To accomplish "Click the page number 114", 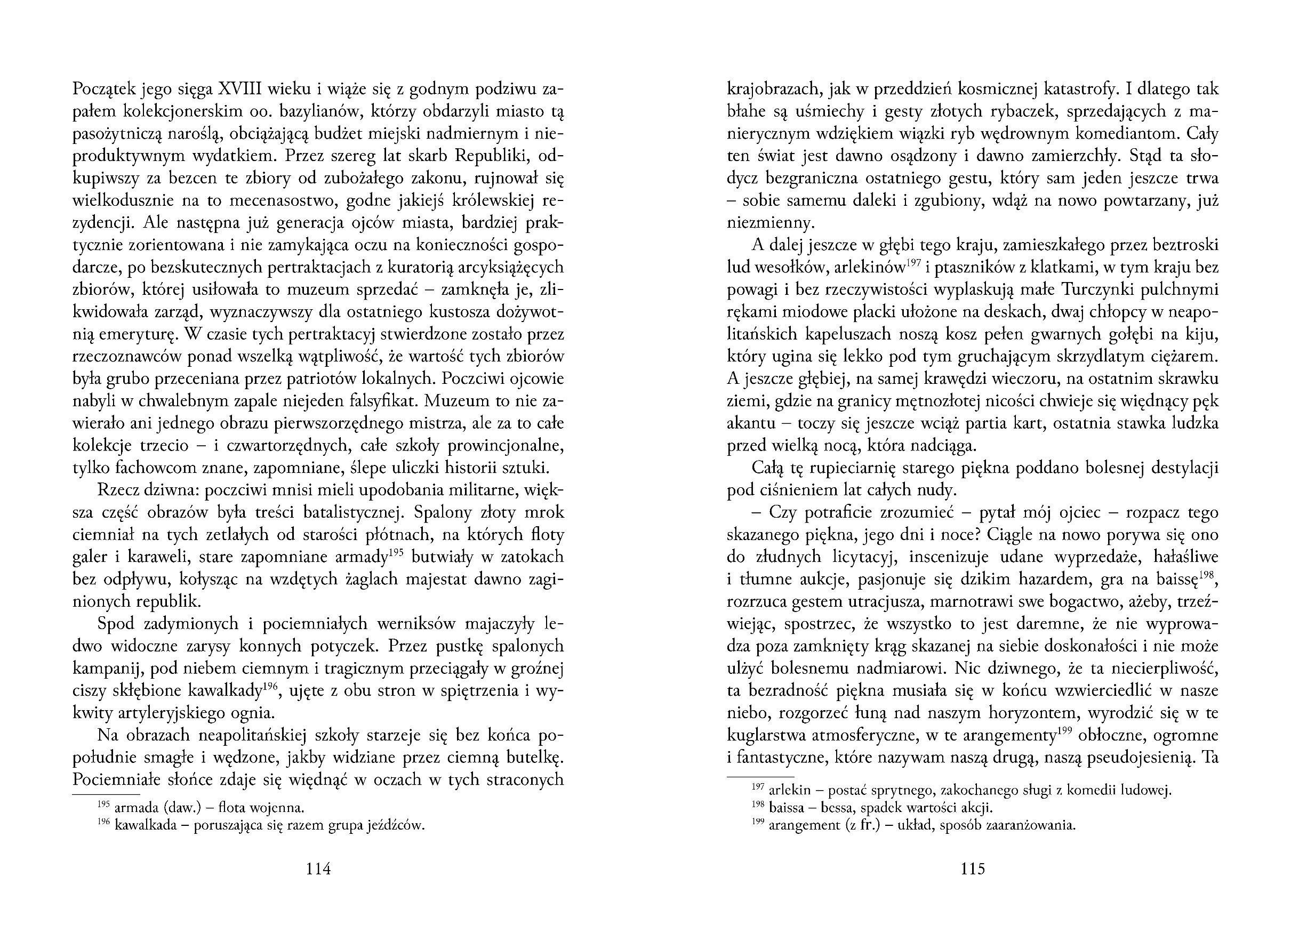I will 318,869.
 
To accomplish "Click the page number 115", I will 972,869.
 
